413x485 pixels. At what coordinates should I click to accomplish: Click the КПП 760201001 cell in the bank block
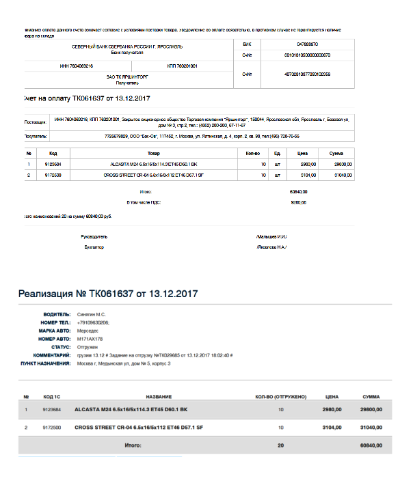[x=182, y=66]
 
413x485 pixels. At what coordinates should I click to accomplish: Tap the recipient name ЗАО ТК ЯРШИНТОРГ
[x=127, y=77]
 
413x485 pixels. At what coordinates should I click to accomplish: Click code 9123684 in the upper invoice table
[x=53, y=164]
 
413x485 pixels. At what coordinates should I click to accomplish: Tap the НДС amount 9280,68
[x=298, y=203]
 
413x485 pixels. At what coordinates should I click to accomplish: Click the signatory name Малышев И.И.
[x=271, y=236]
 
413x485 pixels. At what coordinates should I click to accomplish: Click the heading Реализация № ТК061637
[x=108, y=294]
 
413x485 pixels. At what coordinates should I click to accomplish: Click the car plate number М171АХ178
[x=90, y=339]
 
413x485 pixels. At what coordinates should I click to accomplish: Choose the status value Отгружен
[x=88, y=347]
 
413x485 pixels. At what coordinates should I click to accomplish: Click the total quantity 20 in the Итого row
[x=280, y=445]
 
